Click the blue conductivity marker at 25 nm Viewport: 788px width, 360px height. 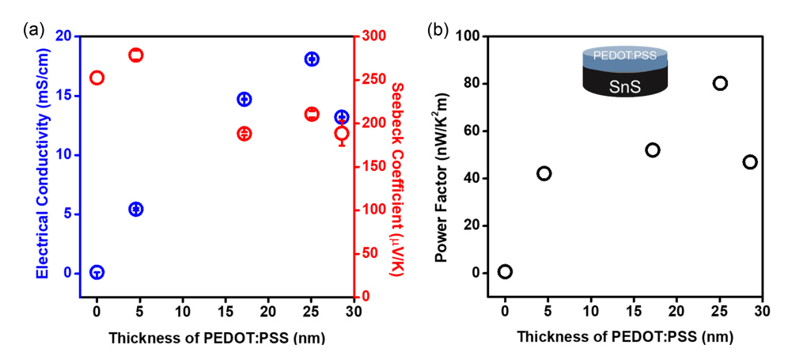tap(312, 59)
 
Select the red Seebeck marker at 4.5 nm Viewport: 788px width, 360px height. tap(136, 55)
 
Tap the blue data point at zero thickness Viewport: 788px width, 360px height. tap(97, 272)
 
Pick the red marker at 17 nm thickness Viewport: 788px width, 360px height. tap(244, 134)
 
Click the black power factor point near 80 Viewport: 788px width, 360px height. tap(720, 83)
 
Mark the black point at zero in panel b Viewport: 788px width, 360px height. tap(505, 271)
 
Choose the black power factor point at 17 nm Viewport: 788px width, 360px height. tap(653, 150)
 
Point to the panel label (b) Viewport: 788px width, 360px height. tap(438, 30)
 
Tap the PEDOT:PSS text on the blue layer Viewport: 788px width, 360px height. tap(625, 57)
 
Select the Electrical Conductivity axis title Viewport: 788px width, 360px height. tap(43, 165)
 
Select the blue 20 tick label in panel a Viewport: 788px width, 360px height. tap(63, 36)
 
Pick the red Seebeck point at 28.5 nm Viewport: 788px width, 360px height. tap(342, 134)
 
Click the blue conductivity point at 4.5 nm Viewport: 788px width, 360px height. tap(136, 209)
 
